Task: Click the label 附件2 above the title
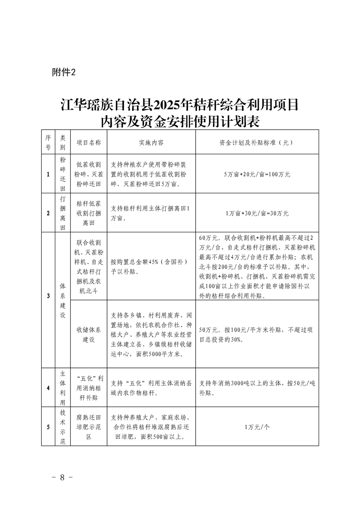[x=63, y=73]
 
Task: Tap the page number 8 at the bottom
[x=63, y=478]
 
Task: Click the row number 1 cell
[x=48, y=174]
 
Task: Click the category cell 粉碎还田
[x=63, y=174]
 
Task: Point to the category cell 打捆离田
[x=63, y=213]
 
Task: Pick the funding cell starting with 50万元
[x=256, y=334]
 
